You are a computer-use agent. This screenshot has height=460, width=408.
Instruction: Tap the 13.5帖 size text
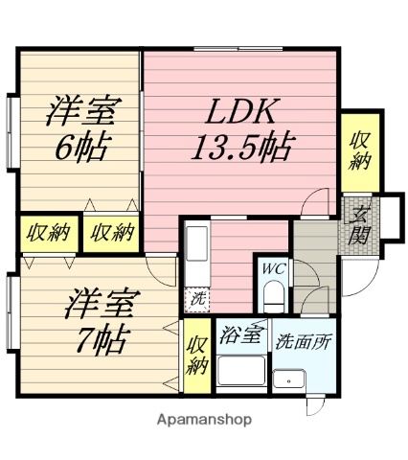(241, 149)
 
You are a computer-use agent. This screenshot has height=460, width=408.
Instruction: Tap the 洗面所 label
(303, 338)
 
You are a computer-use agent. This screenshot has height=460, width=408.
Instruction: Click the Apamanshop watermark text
(203, 419)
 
